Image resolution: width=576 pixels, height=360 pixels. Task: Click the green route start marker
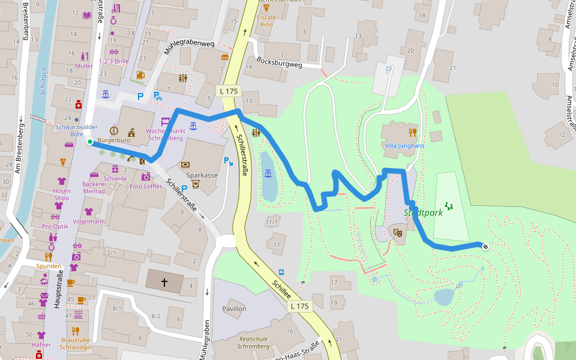point(89,142)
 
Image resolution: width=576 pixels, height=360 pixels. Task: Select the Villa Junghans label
point(404,145)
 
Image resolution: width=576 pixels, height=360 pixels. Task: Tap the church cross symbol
point(165,281)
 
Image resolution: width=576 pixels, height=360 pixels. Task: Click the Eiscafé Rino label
point(266,21)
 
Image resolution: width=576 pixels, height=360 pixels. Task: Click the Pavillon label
point(234,308)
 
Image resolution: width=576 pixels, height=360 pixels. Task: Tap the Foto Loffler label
point(146,187)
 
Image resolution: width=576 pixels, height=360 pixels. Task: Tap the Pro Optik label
point(55,227)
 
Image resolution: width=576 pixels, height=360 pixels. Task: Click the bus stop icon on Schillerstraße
point(281,272)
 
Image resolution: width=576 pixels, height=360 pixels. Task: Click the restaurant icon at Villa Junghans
point(412,132)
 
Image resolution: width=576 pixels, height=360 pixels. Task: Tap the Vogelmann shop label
point(88,221)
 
